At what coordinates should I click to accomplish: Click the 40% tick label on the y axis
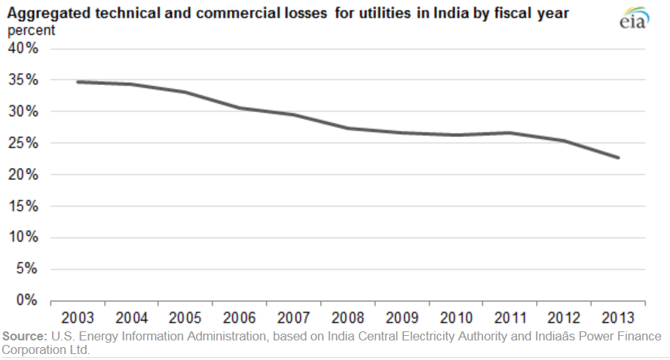[x=23, y=48]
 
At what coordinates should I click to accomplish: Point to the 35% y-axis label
[x=23, y=80]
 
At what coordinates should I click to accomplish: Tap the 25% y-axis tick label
[x=23, y=143]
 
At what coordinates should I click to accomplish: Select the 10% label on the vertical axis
[x=23, y=237]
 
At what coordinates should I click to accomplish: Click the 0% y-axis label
[x=27, y=301]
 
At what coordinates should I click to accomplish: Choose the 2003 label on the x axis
[x=78, y=316]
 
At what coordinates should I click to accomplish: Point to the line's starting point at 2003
[x=78, y=81]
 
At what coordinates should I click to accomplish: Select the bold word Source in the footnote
[x=23, y=336]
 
